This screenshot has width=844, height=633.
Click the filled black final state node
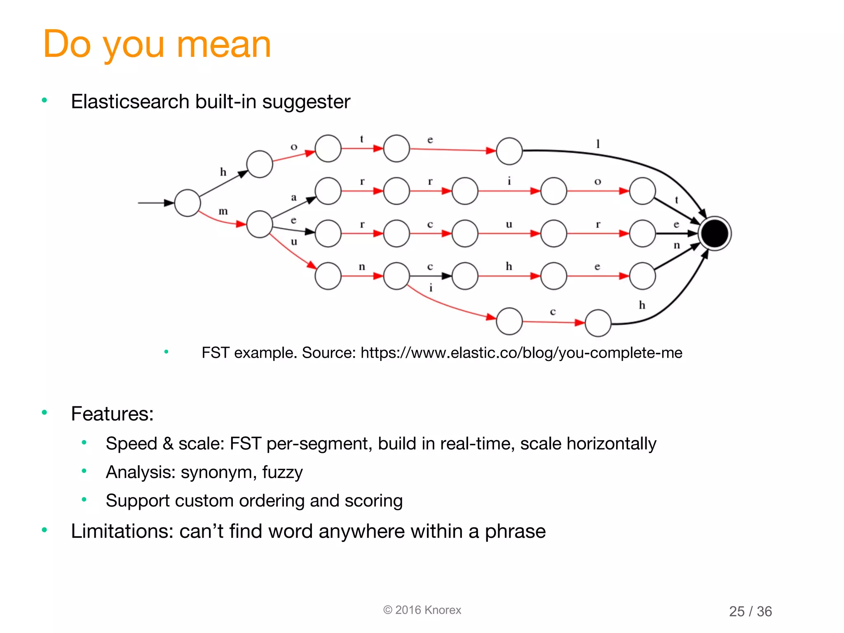[x=715, y=233]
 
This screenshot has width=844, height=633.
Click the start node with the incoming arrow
[x=188, y=203]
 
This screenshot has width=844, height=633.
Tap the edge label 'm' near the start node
[x=223, y=211]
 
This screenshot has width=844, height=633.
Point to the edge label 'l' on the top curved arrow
[x=598, y=144]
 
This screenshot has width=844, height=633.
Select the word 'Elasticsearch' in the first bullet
[x=129, y=101]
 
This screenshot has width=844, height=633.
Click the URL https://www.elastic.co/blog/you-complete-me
[x=521, y=353]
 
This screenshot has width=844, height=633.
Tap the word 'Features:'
[x=112, y=413]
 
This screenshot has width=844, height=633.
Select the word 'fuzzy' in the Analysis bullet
[x=282, y=472]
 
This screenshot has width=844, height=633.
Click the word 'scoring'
[x=373, y=501]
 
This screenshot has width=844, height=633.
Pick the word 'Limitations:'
[x=122, y=531]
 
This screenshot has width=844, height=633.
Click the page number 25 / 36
[x=750, y=611]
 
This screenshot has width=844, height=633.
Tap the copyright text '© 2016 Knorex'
[x=422, y=610]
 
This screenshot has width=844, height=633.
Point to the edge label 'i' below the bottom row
[x=431, y=288]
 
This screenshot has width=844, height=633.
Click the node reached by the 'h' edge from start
[x=260, y=164]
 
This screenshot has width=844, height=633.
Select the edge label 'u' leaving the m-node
[x=294, y=241]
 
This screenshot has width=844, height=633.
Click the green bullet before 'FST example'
[x=166, y=352]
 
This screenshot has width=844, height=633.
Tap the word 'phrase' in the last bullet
[x=515, y=531]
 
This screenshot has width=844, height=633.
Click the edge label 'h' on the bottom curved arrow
[x=642, y=305]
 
